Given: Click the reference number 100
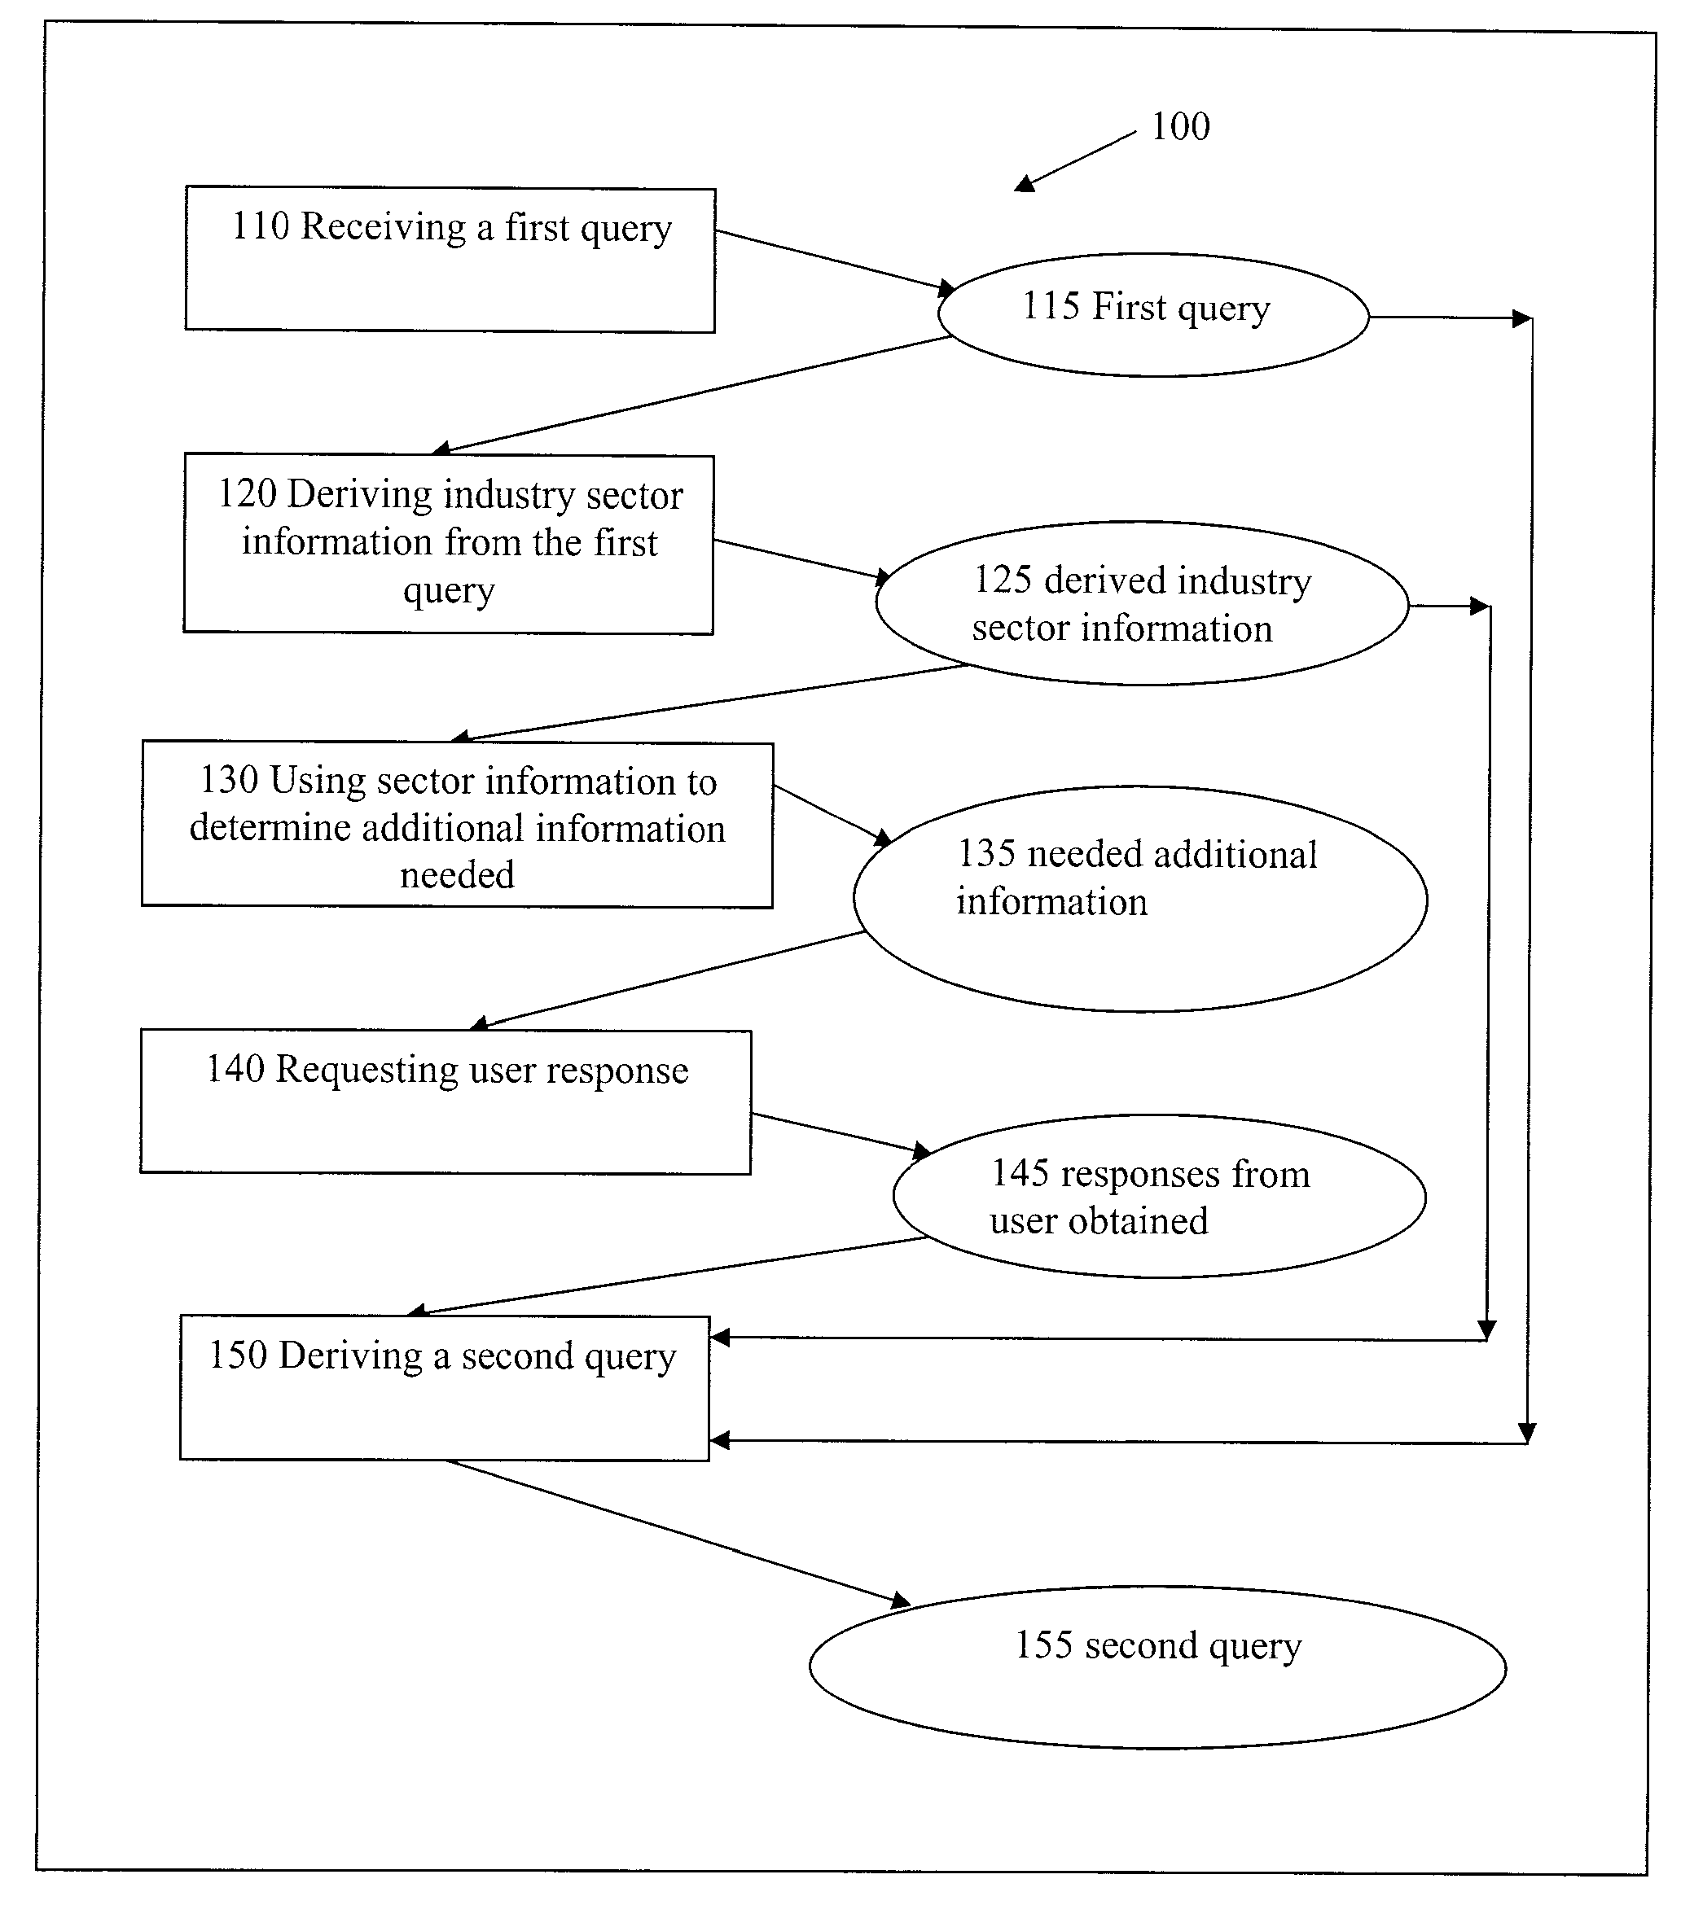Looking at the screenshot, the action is click(x=1180, y=126).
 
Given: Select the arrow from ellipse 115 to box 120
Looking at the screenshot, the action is click(x=691, y=395).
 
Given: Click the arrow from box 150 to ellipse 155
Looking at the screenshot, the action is click(x=678, y=1532).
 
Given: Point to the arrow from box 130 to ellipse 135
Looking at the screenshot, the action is click(x=833, y=815).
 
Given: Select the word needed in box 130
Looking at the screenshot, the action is click(x=457, y=875).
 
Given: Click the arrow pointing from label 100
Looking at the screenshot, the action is click(x=1075, y=161).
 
